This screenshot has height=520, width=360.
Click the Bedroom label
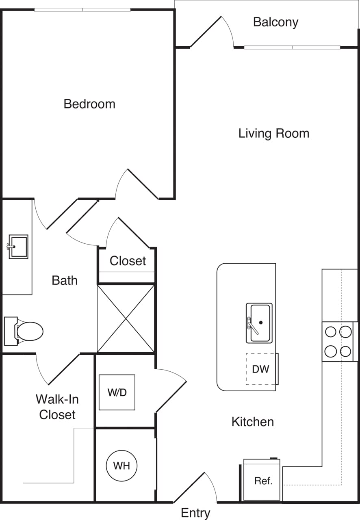89,104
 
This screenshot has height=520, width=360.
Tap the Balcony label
275,22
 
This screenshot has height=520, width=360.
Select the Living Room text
273,133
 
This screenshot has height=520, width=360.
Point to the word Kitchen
252,422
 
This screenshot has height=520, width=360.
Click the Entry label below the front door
195,513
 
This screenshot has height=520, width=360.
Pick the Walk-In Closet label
57,407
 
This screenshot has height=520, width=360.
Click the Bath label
65,280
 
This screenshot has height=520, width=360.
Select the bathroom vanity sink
18,247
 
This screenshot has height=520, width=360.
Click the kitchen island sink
259,323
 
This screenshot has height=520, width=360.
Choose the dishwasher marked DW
261,369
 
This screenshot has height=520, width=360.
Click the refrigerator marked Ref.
262,481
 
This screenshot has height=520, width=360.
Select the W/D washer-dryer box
117,392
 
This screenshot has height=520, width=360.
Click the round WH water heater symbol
121,466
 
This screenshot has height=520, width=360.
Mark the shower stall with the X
126,318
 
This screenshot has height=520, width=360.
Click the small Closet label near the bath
128,261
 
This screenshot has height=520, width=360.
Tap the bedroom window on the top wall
82,9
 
